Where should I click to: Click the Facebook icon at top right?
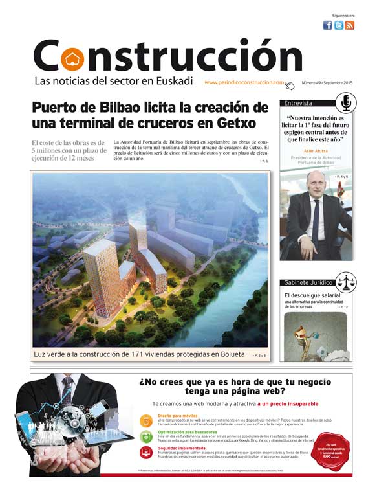[327, 25]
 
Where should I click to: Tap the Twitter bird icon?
[338, 25]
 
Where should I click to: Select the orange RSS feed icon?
[349, 25]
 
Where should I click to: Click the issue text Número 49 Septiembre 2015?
[327, 83]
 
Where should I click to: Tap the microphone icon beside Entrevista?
[346, 102]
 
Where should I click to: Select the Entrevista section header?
[299, 103]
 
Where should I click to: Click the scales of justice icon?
[346, 282]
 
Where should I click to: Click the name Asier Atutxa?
[316, 150]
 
